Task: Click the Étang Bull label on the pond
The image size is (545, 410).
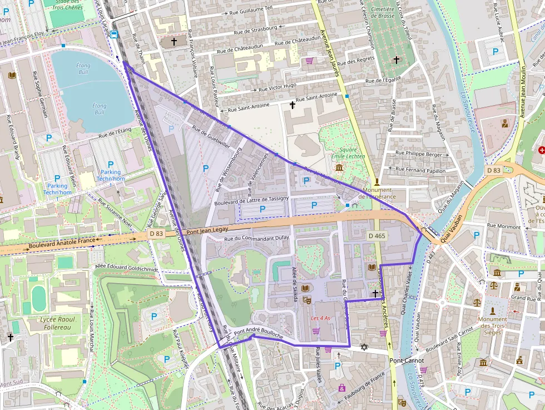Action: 83,68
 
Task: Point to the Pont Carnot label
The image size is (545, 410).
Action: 407,360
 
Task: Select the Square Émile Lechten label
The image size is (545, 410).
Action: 348,153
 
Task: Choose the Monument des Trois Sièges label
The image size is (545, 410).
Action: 493,326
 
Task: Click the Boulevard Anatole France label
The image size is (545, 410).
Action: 61,243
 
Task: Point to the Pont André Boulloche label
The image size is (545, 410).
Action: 259,334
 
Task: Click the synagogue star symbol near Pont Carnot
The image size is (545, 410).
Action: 364,347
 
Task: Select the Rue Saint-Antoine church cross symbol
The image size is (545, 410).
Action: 292,104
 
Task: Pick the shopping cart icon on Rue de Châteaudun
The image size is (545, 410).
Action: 309,60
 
